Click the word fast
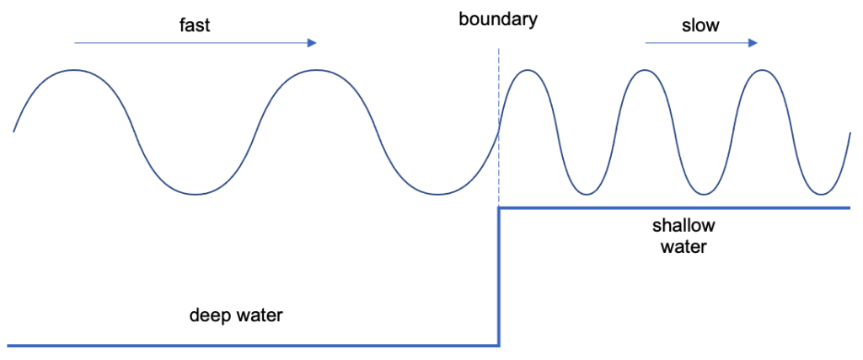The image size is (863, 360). [x=195, y=24]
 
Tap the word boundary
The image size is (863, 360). [x=497, y=19]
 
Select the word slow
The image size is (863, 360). [x=700, y=24]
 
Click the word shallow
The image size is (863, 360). [x=683, y=226]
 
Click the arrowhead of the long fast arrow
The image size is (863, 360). [x=313, y=42]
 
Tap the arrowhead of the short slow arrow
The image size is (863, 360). [x=753, y=42]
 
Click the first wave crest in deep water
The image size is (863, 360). [x=75, y=70]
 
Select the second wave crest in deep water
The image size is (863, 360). [x=316, y=70]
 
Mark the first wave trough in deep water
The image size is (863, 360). [x=196, y=194]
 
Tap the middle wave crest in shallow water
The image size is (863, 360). [x=645, y=70]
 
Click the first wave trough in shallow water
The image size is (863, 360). [x=586, y=194]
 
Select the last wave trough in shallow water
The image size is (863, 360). [x=820, y=194]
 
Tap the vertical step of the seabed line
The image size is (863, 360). [x=499, y=278]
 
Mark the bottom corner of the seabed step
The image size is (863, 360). [x=499, y=345]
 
